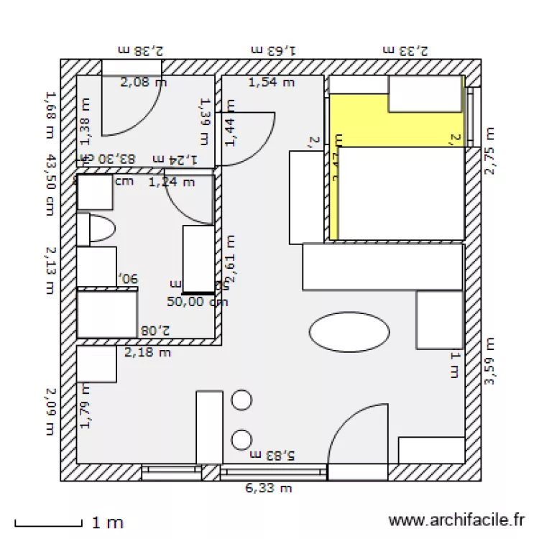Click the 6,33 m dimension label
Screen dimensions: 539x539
(x=269, y=489)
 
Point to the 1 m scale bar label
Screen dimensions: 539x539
(x=108, y=522)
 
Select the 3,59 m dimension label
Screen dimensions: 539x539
(x=490, y=361)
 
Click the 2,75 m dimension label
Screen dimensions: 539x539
(x=490, y=151)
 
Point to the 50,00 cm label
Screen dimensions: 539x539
(x=198, y=302)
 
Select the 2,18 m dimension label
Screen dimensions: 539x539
(x=148, y=352)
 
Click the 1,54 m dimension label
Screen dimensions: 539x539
(x=272, y=83)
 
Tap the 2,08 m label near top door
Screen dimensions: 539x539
(x=144, y=83)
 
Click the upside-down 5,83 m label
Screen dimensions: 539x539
(x=272, y=454)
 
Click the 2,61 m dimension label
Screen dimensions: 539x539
(x=232, y=259)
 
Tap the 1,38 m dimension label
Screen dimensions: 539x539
(x=85, y=119)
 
